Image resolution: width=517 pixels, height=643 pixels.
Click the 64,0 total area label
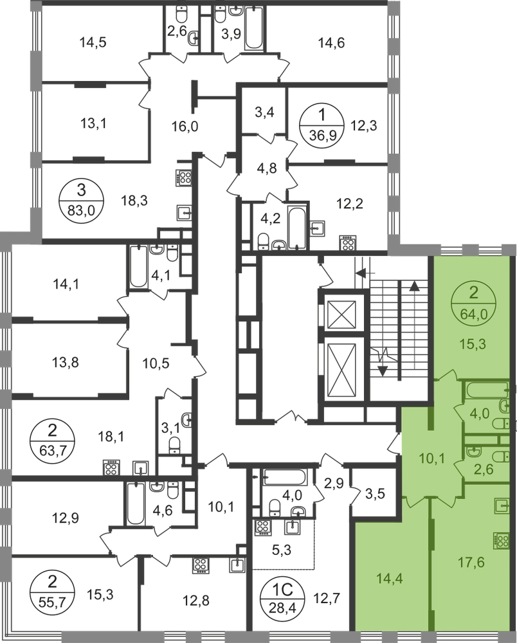[x=474, y=313]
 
